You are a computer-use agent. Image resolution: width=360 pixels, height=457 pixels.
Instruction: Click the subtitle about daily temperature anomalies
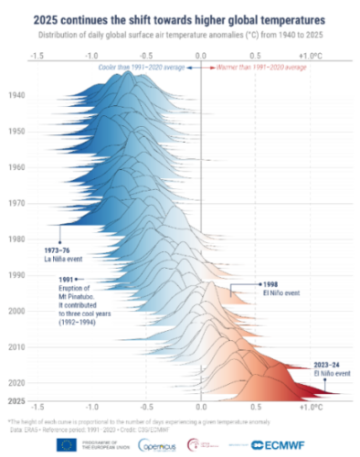point(180,34)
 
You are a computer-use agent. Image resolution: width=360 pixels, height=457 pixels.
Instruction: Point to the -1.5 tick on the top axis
point(37,56)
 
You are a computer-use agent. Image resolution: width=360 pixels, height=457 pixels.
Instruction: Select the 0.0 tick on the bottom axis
point(200,403)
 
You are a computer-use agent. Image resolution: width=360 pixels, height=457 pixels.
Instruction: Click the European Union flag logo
point(67,445)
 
